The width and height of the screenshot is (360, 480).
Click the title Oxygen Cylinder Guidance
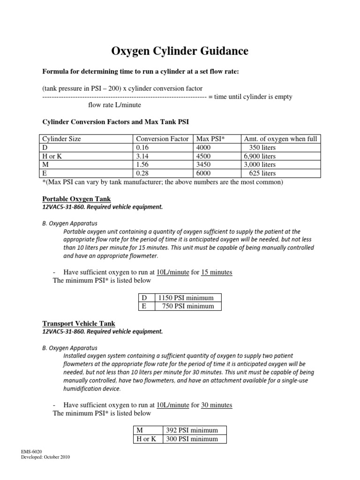click(180, 51)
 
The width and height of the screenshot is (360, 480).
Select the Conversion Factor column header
click(162, 139)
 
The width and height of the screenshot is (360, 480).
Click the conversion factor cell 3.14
click(143, 156)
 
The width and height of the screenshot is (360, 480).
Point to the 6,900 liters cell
click(259, 156)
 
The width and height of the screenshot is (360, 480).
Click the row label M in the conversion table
click(45, 165)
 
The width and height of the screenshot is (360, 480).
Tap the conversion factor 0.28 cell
click(143, 173)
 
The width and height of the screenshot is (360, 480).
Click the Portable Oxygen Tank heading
click(76, 198)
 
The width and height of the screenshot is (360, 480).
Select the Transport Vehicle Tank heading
click(79, 323)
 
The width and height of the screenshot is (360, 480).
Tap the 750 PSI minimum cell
click(187, 306)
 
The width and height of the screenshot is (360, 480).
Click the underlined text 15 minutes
click(217, 272)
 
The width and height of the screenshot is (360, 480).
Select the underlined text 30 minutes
click(217, 405)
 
